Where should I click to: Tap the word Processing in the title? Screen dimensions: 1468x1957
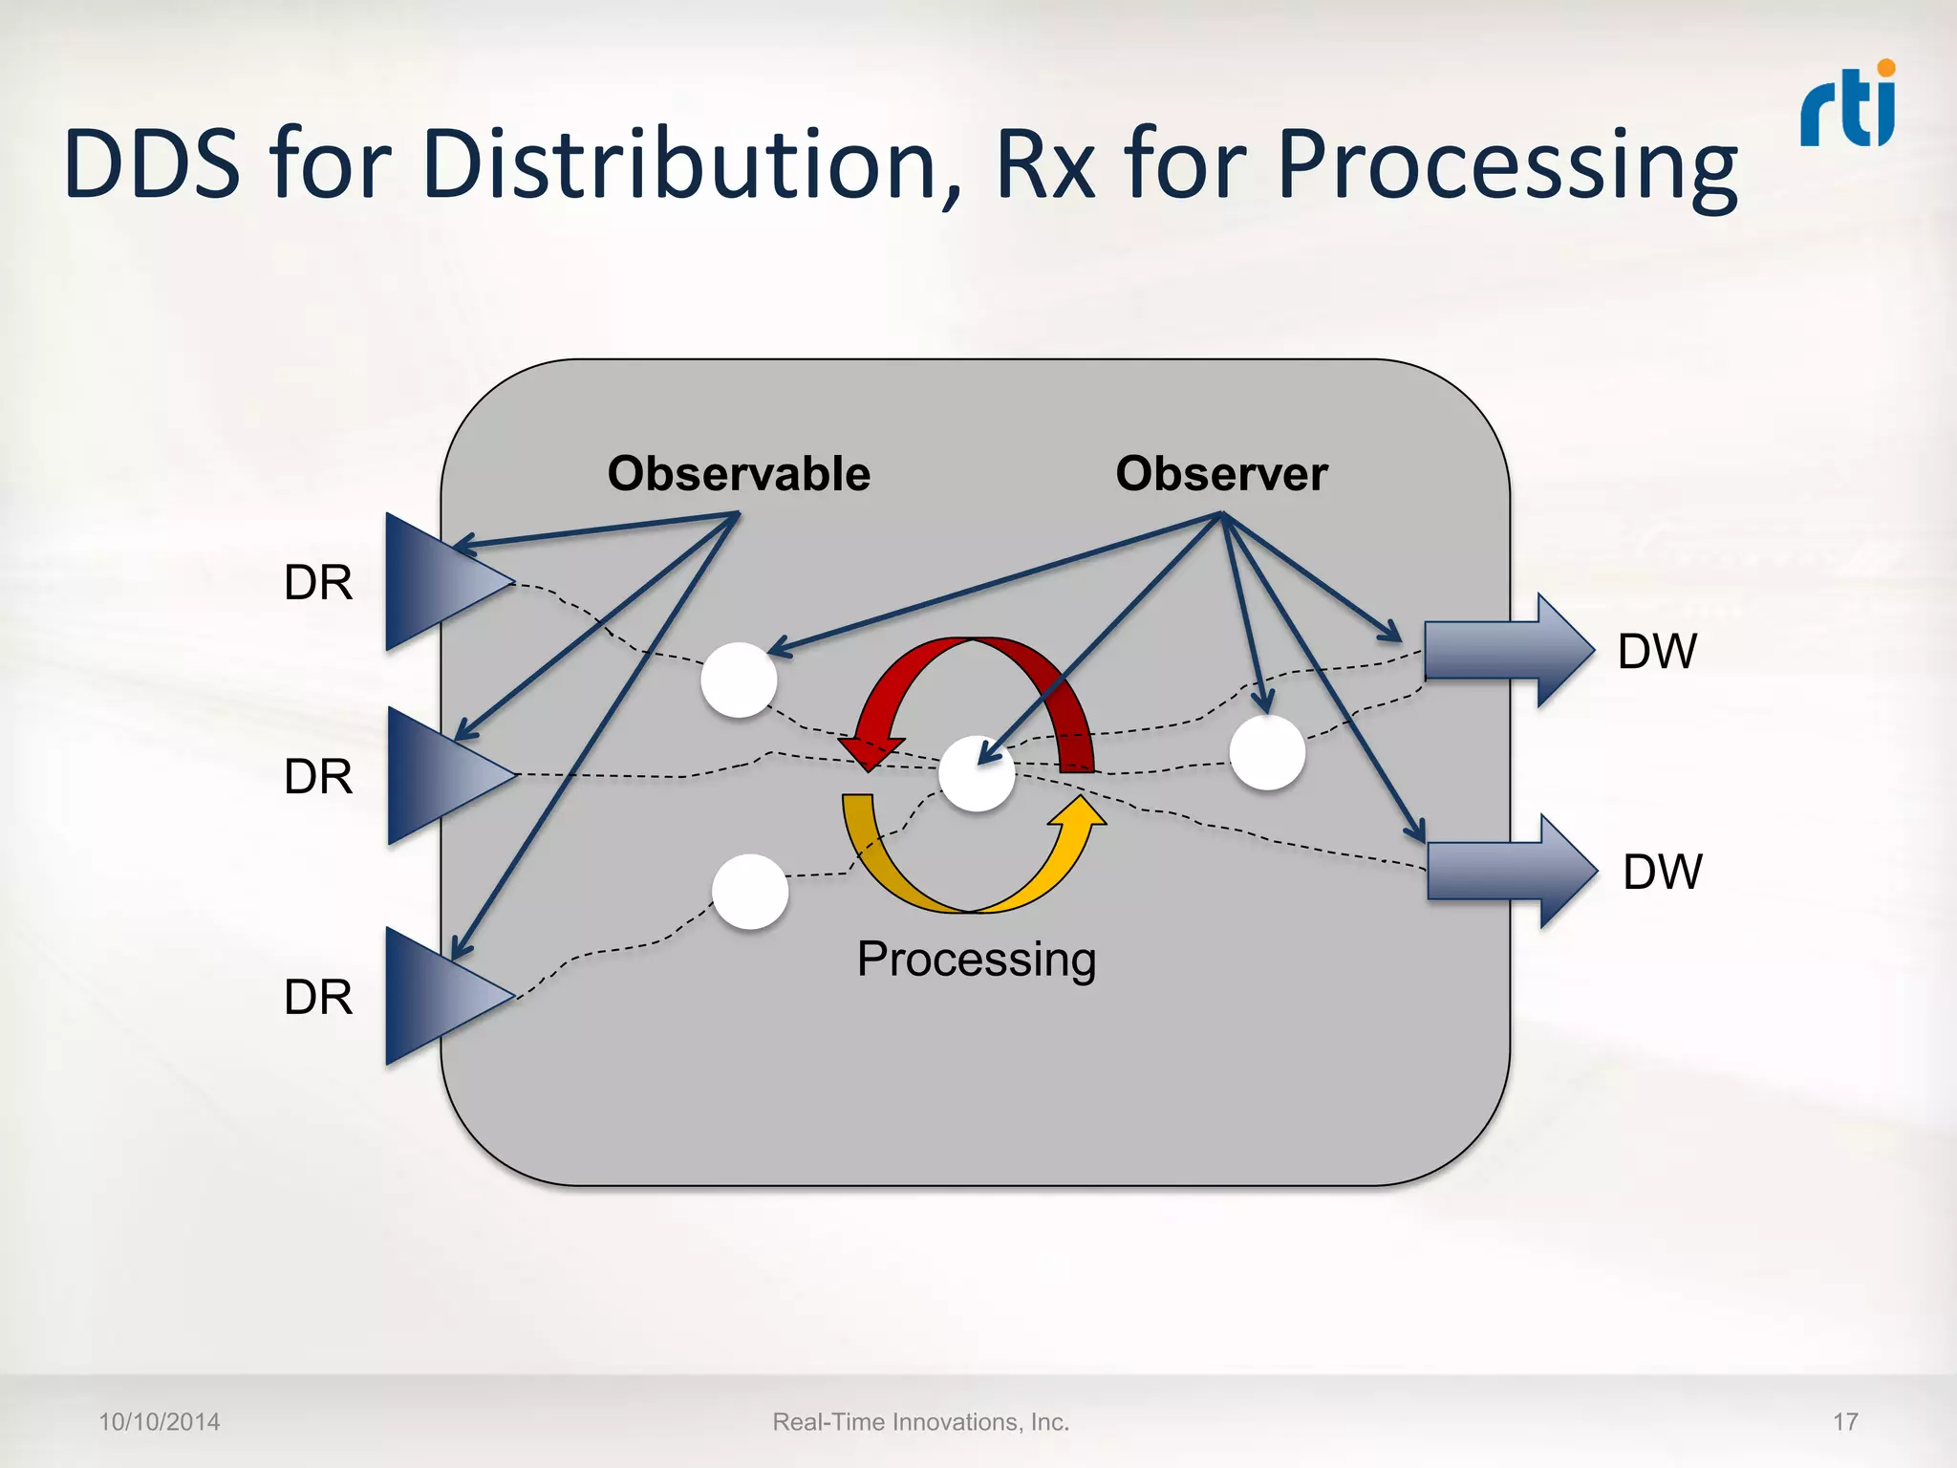point(1507,166)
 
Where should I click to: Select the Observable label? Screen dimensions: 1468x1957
point(739,474)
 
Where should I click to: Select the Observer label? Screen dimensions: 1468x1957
point(1221,474)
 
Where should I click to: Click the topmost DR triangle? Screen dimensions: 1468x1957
point(435,582)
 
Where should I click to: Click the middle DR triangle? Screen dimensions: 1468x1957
point(437,776)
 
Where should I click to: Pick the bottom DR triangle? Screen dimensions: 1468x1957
point(435,996)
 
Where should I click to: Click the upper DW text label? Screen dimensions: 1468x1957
point(1657,652)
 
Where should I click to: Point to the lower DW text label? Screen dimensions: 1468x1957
point(1662,872)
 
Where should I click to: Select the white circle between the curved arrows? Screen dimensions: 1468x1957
point(976,774)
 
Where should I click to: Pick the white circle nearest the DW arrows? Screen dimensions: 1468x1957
point(1267,752)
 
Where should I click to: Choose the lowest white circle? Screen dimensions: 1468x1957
point(750,891)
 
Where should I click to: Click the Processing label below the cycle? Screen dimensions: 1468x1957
point(976,959)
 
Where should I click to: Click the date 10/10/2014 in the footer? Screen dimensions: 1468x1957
point(160,1422)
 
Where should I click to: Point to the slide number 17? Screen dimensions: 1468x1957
point(1845,1422)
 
